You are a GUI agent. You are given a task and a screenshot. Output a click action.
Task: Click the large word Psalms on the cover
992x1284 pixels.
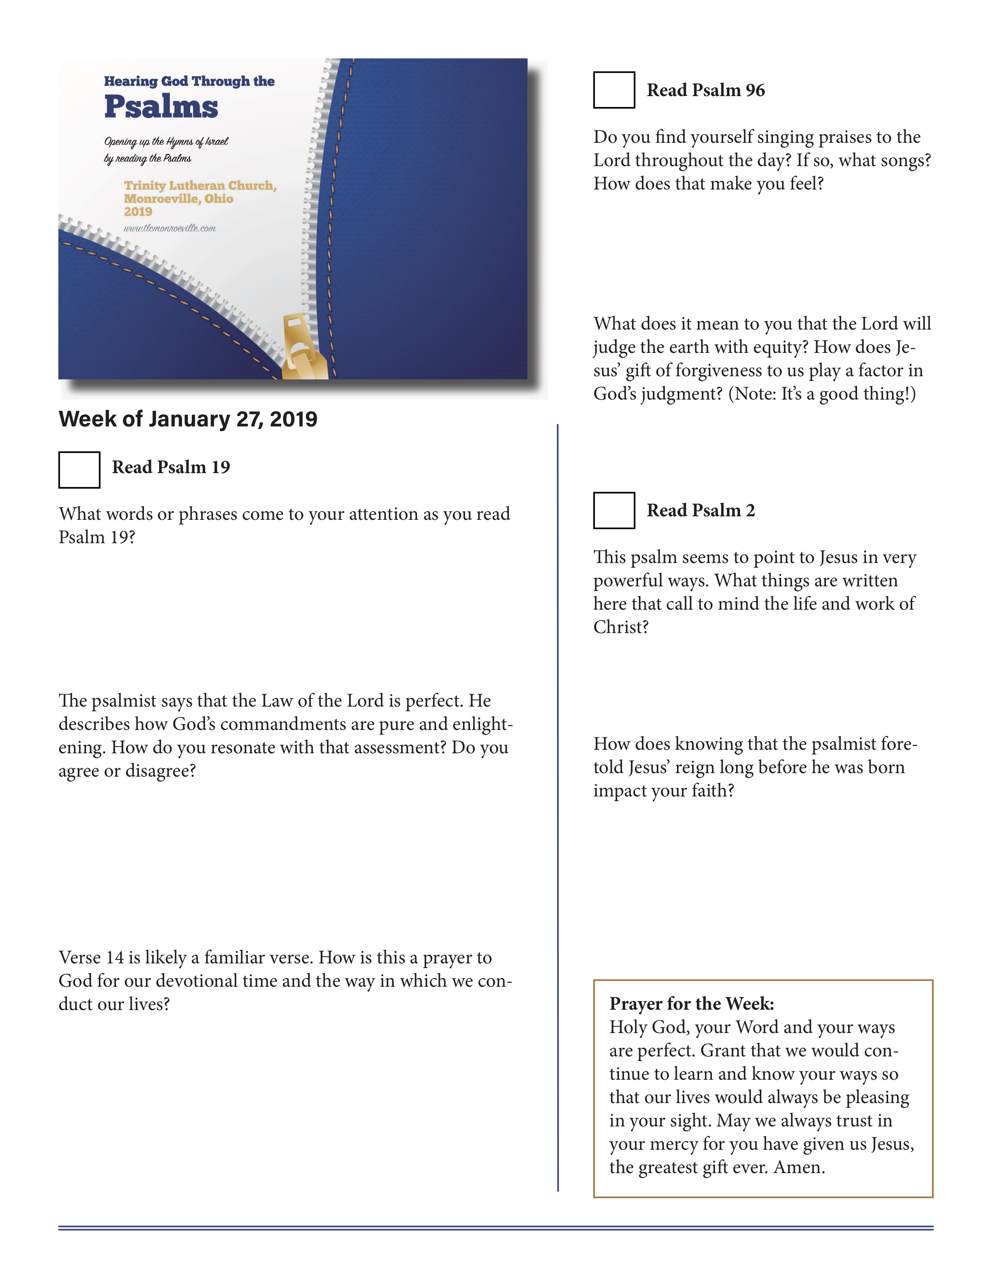pos(161,107)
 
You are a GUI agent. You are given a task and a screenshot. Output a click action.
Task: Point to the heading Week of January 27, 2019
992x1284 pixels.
pos(188,419)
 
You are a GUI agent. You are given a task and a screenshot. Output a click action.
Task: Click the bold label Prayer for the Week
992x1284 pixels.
pos(691,1003)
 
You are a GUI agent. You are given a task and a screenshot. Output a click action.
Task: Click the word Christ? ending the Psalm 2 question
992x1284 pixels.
pos(620,627)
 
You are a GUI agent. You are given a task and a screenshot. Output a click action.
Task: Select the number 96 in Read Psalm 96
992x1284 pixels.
pos(755,90)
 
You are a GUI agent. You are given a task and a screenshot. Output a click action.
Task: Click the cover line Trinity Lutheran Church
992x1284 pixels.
pos(200,186)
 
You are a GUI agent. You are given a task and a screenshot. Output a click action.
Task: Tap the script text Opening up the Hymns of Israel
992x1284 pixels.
pos(166,142)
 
